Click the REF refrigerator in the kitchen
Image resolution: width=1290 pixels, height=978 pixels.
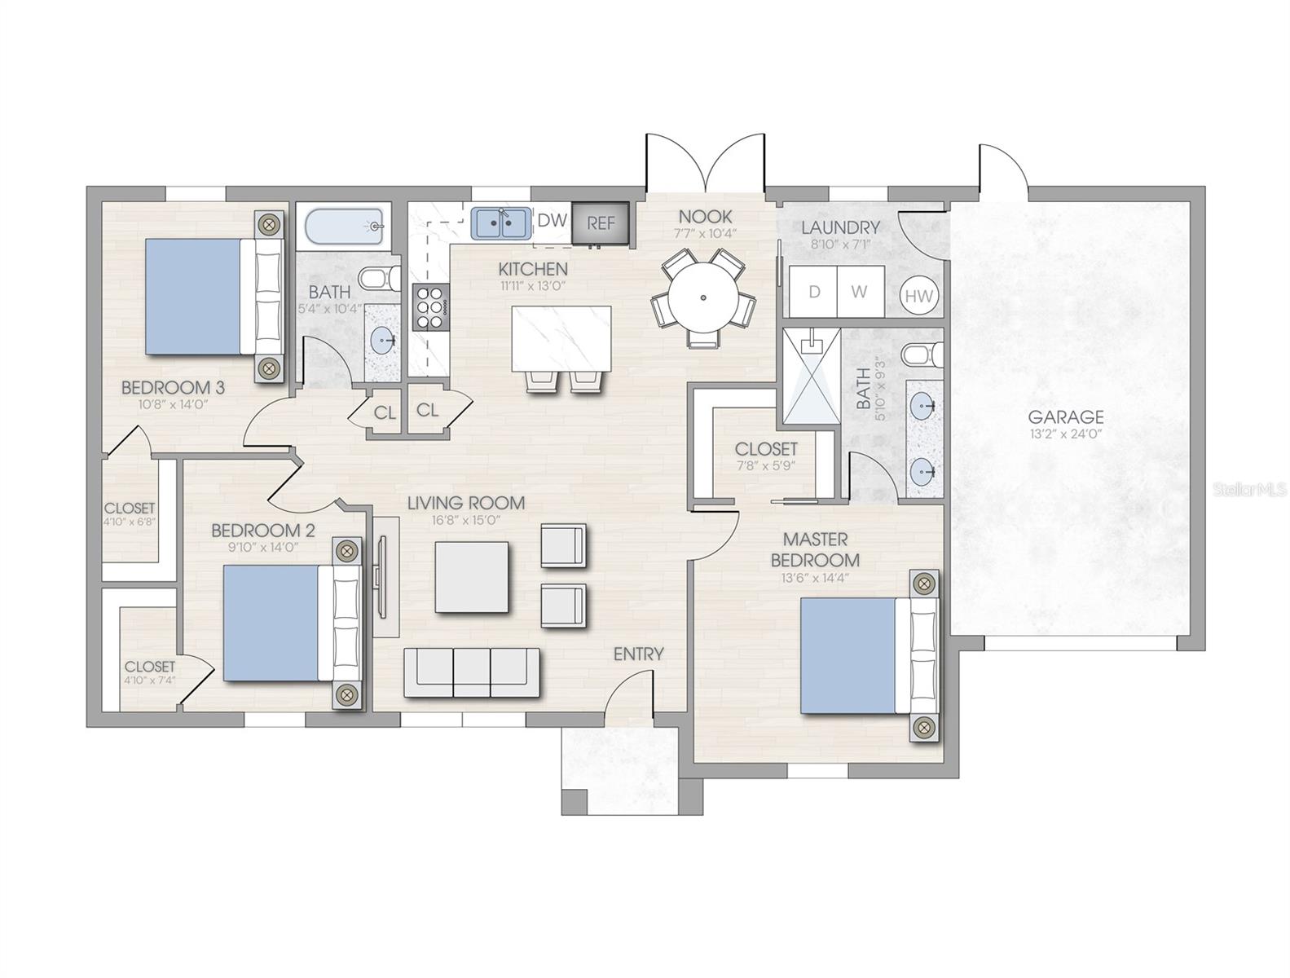click(600, 222)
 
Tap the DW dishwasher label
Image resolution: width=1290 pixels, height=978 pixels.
click(552, 220)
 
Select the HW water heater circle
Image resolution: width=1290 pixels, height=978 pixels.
click(919, 296)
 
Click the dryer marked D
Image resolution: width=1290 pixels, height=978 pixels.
click(812, 292)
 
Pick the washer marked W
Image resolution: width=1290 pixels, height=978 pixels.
click(861, 292)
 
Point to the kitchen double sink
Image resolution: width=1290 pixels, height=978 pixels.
click(500, 223)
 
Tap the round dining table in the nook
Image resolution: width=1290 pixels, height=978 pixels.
click(703, 297)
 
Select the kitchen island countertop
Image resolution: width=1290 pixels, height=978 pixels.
click(561, 338)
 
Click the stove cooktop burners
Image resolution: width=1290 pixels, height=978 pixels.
click(431, 306)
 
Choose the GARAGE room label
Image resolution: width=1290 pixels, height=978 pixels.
click(1066, 416)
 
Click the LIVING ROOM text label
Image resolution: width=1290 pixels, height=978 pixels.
click(466, 503)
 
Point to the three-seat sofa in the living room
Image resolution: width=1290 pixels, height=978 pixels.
click(472, 672)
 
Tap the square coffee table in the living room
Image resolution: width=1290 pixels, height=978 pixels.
click(471, 577)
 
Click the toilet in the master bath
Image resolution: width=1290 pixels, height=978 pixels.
click(922, 355)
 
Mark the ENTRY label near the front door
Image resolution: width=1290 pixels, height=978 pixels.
click(638, 654)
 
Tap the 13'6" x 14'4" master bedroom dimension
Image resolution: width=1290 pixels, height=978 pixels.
click(815, 578)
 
